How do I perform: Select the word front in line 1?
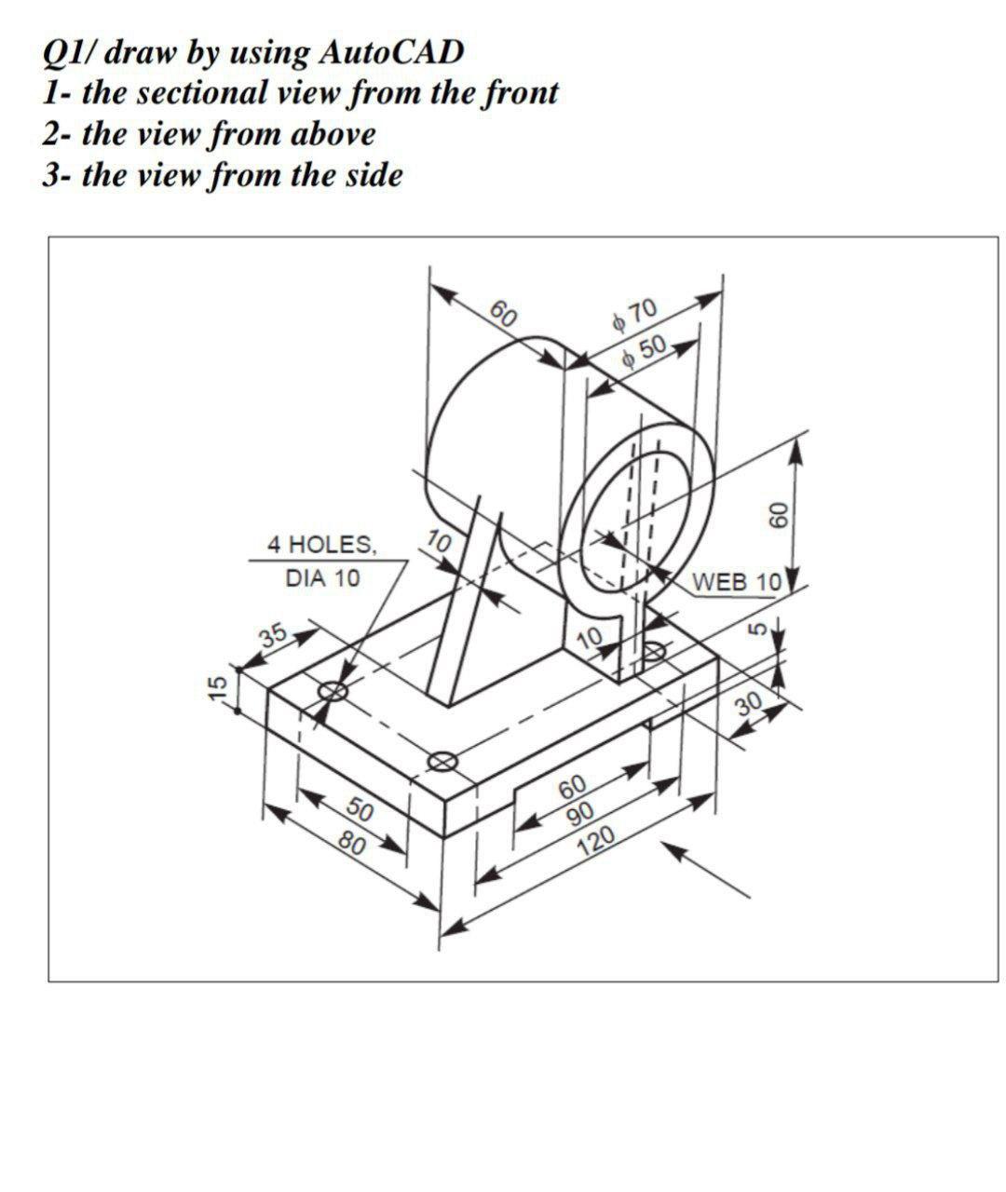[518, 92]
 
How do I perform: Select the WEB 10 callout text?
[736, 582]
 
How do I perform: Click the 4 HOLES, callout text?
[322, 544]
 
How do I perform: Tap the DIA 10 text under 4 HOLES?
[322, 578]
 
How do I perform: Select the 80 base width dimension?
[353, 844]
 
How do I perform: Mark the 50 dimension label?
[360, 809]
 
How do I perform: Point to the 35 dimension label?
[274, 635]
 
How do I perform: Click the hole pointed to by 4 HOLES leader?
[333, 691]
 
